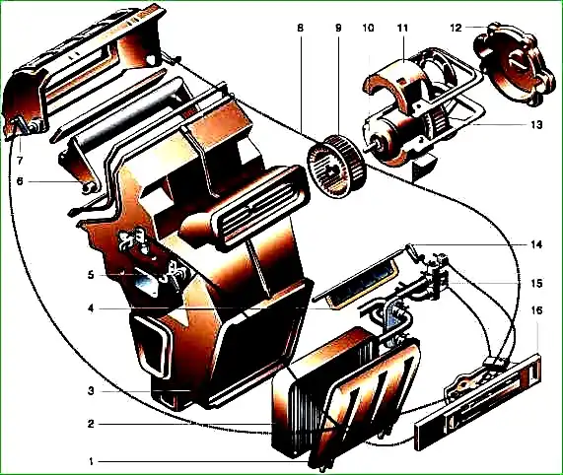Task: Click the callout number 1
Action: (x=91, y=461)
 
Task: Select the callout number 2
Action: (x=91, y=424)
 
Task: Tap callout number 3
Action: (x=91, y=390)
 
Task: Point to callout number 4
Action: (x=91, y=308)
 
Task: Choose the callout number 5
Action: (x=91, y=275)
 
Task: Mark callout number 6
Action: (x=20, y=181)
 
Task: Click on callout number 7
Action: (x=20, y=161)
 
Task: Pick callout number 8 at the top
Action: (x=300, y=28)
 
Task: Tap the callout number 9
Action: (x=338, y=28)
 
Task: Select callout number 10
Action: (x=369, y=28)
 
